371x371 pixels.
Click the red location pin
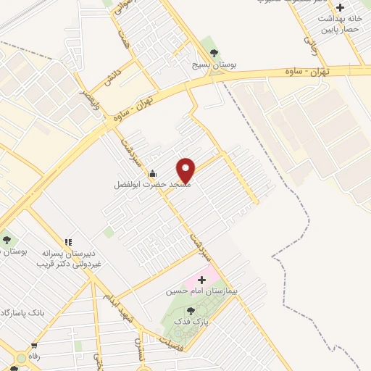point(186,170)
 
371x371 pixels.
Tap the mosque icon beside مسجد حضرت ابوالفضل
point(151,174)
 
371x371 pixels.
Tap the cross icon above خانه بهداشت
point(341,7)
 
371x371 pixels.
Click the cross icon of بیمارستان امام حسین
point(201,279)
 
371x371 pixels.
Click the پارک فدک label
point(193,320)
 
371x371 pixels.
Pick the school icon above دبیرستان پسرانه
point(67,242)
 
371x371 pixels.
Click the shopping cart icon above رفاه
point(33,346)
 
